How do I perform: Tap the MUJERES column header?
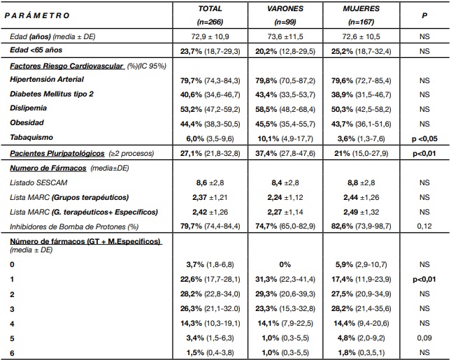pos(361,9)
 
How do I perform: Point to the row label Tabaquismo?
pos(33,137)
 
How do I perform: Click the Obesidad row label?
pos(29,122)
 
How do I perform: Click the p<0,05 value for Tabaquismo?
pos(423,137)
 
